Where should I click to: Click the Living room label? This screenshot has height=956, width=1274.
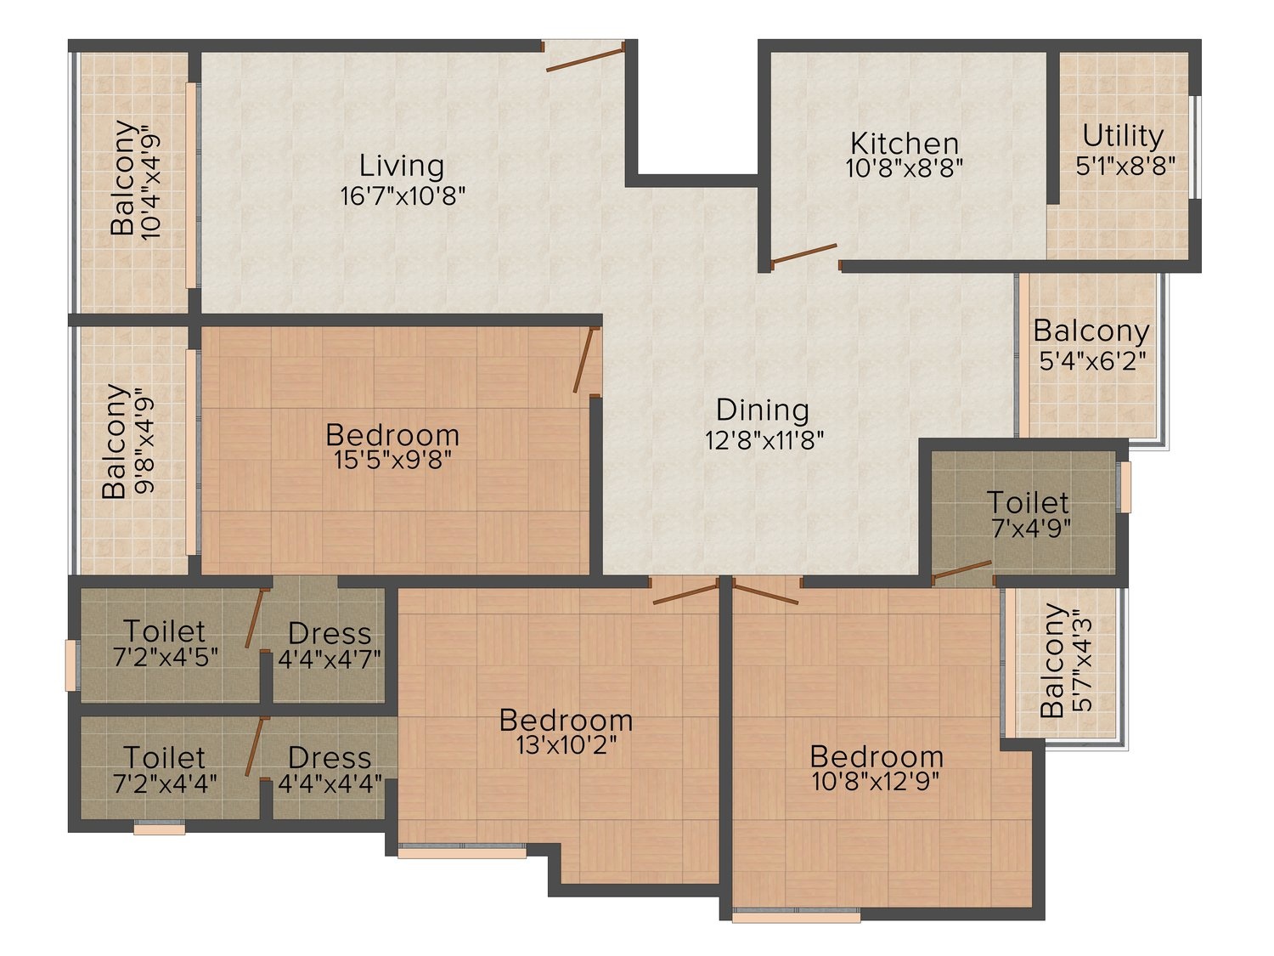[x=402, y=167]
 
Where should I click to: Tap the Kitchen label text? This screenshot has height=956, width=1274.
[x=905, y=144]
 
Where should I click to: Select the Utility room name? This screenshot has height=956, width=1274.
[x=1123, y=137]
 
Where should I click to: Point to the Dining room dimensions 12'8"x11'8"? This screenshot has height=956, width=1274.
[x=764, y=440]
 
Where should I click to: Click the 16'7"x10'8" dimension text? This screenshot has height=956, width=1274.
[x=403, y=196]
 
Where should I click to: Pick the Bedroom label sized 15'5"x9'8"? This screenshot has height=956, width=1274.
[x=393, y=435]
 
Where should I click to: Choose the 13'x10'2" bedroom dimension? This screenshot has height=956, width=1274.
[x=566, y=745]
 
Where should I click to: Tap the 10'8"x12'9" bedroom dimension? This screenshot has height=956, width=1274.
[x=876, y=782]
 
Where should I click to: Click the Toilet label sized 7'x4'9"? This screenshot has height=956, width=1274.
[x=1028, y=503]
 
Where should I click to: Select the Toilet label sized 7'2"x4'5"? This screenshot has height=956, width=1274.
[x=165, y=631]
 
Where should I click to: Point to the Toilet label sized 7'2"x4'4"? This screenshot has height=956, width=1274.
[x=165, y=757]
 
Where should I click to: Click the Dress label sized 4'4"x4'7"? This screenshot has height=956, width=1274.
[x=330, y=633]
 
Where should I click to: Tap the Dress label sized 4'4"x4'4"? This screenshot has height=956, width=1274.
[x=330, y=758]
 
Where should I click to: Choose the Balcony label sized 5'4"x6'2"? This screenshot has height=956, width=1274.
[x=1091, y=331]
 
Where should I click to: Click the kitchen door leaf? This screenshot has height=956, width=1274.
[x=803, y=253]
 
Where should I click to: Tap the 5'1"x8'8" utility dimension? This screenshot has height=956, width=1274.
[x=1125, y=166]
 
